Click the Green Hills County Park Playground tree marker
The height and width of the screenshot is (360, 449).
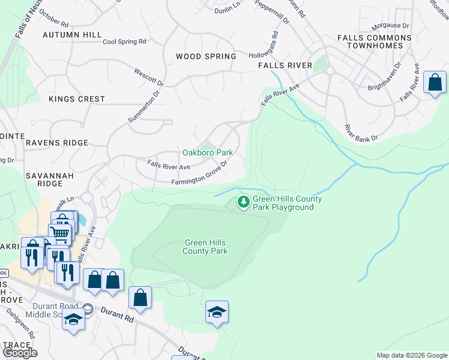[244, 202]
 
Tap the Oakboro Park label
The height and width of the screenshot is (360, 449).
[208, 153]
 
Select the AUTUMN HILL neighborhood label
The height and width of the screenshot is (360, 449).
[72, 35]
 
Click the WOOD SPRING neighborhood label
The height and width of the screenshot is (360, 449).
[206, 56]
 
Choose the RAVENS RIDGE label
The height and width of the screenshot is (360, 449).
[57, 143]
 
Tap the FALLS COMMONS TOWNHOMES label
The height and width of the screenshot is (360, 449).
[375, 41]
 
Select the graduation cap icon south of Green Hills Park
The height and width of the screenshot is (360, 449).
[217, 312]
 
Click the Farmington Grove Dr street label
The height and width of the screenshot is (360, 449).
[200, 173]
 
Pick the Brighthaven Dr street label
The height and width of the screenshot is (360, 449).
[385, 77]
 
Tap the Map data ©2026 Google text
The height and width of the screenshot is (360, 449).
[412, 355]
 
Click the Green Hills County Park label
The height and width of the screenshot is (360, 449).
[206, 247]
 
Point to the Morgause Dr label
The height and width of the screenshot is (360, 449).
[390, 26]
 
